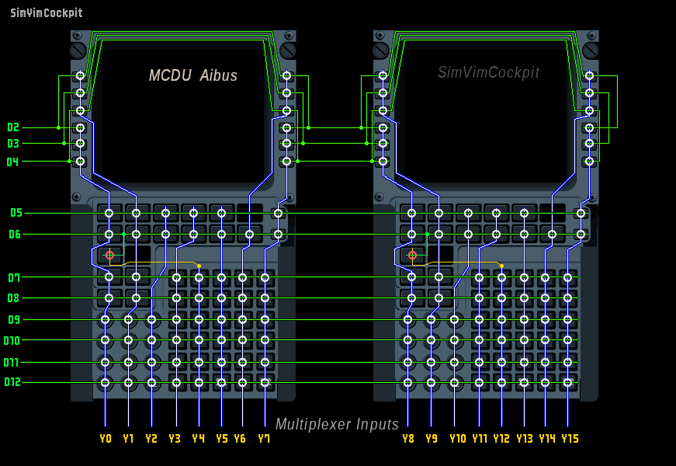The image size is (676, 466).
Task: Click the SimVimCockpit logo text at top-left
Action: [46, 13]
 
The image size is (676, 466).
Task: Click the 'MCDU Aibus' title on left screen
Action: [193, 75]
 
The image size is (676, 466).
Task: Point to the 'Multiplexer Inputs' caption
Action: [337, 424]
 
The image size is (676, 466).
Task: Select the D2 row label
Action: [13, 127]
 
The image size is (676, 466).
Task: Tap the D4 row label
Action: [13, 162]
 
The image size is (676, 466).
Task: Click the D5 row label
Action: [16, 213]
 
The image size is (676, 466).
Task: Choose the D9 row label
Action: [15, 319]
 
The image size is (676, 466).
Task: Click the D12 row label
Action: [12, 382]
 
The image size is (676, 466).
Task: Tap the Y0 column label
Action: [106, 439]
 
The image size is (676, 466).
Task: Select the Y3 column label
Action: [175, 439]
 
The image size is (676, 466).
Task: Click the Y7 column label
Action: [264, 439]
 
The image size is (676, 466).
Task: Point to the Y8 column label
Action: [408, 439]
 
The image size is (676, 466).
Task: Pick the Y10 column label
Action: [457, 439]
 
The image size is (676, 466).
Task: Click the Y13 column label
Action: [525, 439]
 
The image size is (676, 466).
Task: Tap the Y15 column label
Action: [570, 439]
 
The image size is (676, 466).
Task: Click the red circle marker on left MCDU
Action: [109, 255]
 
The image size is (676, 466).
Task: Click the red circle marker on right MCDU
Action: [412, 255]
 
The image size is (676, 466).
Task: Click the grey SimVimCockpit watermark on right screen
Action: [488, 72]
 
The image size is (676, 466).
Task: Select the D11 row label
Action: [12, 362]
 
